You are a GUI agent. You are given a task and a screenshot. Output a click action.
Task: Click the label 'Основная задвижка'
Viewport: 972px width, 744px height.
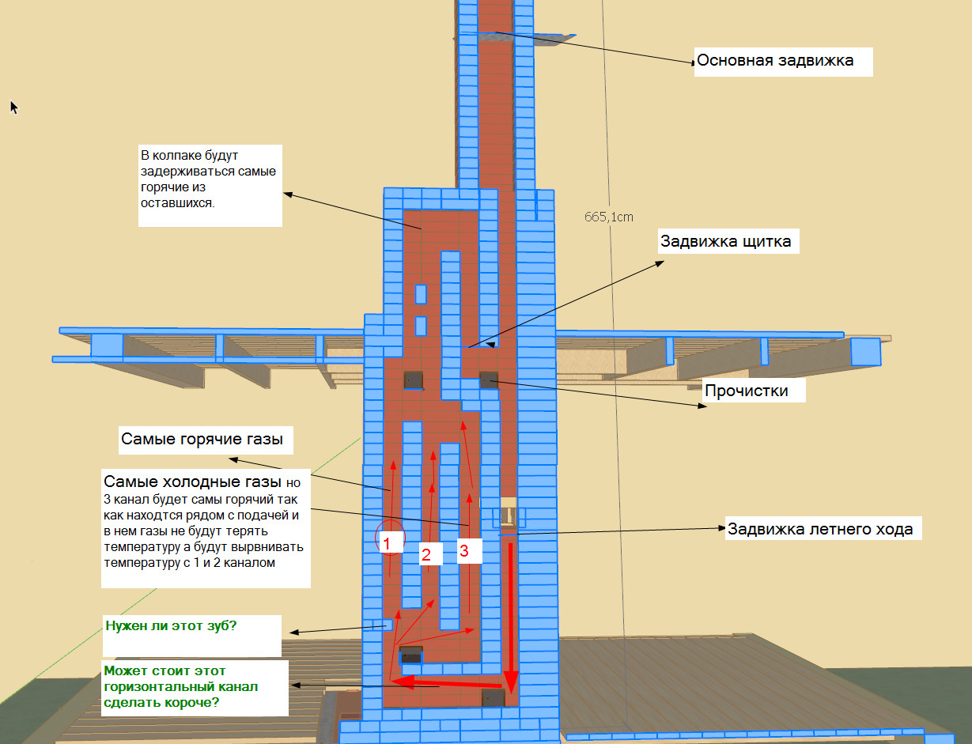[x=774, y=61]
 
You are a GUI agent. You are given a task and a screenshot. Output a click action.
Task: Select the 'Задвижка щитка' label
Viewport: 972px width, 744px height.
[x=726, y=242]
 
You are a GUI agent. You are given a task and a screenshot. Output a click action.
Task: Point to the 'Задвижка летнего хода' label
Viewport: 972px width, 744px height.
[x=819, y=530]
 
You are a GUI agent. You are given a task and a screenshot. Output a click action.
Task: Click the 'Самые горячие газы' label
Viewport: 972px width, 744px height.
[x=202, y=440]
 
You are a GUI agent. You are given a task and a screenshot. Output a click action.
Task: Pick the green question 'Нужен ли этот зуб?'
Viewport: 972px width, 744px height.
[x=171, y=625]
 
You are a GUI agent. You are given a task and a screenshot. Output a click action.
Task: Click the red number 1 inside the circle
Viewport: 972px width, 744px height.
[x=388, y=542]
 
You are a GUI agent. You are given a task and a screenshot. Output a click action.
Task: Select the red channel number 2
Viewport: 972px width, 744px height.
[x=425, y=554]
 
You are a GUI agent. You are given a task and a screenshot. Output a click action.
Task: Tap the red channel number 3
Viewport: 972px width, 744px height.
[x=464, y=552]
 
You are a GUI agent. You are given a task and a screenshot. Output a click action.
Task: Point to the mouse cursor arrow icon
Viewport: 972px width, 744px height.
[x=13, y=107]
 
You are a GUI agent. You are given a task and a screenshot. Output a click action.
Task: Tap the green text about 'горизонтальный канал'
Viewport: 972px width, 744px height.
[x=180, y=686]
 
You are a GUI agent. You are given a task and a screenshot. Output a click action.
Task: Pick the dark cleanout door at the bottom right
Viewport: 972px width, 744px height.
[x=494, y=697]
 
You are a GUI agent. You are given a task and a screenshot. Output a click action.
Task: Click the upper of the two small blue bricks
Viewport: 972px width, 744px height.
[x=421, y=294]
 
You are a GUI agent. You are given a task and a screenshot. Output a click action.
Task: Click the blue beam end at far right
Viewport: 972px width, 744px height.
[x=865, y=351]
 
